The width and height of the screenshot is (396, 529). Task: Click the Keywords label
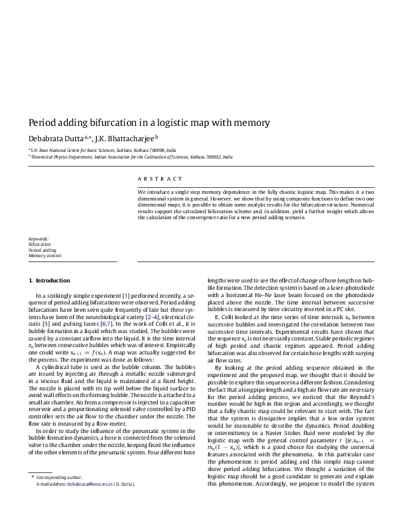click(x=38, y=239)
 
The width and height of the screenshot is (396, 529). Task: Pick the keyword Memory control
click(x=45, y=256)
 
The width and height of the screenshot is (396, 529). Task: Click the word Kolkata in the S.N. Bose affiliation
click(x=150, y=151)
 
